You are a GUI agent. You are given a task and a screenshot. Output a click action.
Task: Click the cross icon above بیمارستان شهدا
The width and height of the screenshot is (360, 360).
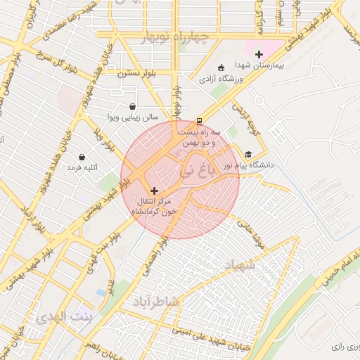click(x=259, y=54)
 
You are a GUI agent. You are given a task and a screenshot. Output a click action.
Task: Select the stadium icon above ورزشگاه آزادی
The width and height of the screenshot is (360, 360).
click(x=222, y=68)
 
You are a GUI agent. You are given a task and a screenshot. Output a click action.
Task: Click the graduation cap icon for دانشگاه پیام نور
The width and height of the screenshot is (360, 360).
click(x=247, y=155)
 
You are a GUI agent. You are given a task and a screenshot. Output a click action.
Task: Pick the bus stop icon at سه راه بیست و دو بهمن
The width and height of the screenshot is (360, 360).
click(x=199, y=120)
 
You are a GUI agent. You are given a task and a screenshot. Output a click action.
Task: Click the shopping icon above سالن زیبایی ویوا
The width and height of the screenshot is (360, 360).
click(x=133, y=107)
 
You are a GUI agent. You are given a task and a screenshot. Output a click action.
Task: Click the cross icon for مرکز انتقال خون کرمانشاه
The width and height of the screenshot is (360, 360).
click(x=155, y=191)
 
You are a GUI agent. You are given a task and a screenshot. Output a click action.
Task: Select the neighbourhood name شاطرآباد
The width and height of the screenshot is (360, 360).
click(x=156, y=302)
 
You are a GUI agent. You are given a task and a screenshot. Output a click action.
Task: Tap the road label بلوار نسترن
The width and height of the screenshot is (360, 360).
click(x=131, y=73)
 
